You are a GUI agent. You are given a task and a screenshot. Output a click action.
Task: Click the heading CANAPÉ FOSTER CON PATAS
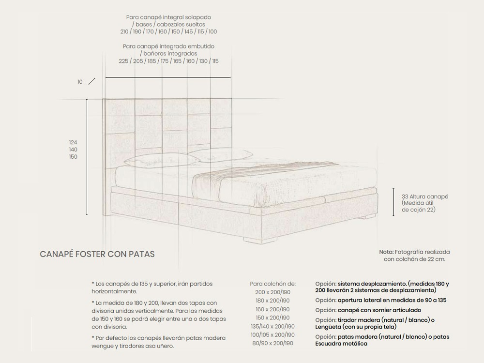97,254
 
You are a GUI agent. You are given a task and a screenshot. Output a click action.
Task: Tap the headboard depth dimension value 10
80,82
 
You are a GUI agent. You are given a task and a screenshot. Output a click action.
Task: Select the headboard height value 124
73,142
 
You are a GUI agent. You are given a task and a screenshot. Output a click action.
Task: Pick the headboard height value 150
73,156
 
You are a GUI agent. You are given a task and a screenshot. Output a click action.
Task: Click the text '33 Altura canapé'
425,197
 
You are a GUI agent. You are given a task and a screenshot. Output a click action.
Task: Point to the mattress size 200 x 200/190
272,292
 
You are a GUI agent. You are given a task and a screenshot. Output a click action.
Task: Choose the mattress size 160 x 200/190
272,309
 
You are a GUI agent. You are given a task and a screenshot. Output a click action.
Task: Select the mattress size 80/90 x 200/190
272,343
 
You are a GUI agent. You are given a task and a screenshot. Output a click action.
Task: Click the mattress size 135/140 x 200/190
272,326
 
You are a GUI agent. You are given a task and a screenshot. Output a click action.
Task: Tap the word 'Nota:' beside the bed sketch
386,252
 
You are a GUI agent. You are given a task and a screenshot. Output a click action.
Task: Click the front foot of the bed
259,240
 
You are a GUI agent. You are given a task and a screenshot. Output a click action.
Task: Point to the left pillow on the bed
162,161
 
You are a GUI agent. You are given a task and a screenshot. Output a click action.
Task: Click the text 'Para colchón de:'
273,284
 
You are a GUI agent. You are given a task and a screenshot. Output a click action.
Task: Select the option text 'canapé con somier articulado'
379,310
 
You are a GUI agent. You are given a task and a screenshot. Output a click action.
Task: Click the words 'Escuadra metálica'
341,344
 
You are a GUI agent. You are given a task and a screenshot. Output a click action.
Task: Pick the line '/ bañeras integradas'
168,53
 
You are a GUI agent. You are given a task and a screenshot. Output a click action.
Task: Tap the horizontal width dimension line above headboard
168,77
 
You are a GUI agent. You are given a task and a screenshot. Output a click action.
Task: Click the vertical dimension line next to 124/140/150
87,157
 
